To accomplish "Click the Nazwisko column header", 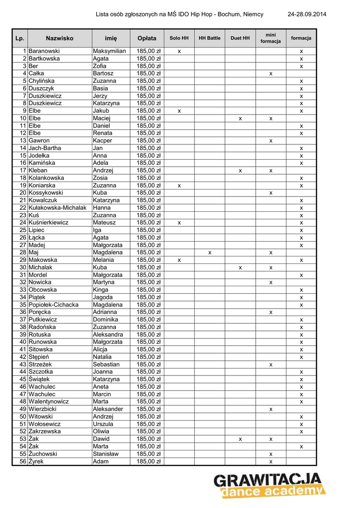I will (60, 38).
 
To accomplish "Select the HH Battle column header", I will (210, 38).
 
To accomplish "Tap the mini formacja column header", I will (271, 38).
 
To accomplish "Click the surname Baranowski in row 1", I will (44, 51).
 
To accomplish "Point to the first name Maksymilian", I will (109, 51).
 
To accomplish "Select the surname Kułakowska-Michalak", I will (58, 208).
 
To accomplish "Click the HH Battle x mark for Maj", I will (210, 253).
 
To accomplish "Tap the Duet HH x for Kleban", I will (240, 171).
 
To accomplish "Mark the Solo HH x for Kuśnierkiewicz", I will (179, 223).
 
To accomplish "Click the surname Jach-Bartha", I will (45, 148).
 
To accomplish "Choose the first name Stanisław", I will (106, 454).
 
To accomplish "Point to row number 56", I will (23, 461).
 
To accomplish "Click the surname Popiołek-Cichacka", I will (54, 305).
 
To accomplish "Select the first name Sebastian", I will (106, 365).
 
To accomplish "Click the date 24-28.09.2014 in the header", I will (307, 14).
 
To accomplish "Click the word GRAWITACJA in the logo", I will (268, 480).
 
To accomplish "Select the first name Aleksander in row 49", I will (108, 409).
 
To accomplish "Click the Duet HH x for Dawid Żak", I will (240, 439).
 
